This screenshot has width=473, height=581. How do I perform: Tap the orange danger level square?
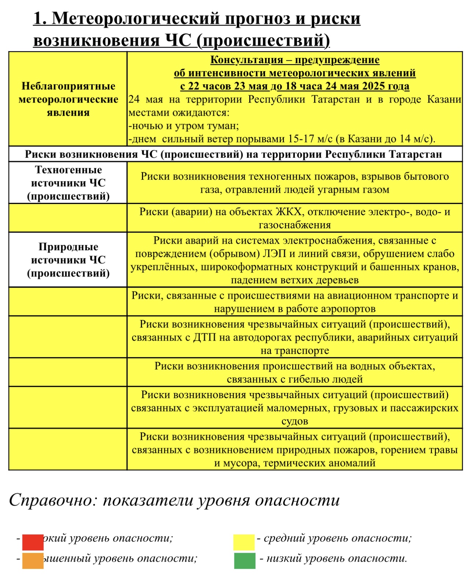(x=33, y=560)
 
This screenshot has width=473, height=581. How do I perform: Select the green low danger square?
(x=245, y=560)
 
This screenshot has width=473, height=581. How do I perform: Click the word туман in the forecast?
(x=224, y=126)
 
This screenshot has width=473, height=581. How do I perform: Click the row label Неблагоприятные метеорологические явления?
(x=68, y=99)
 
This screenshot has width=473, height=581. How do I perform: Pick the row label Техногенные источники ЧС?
(x=68, y=183)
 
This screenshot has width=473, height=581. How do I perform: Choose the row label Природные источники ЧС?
(x=68, y=260)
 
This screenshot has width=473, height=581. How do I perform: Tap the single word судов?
(x=295, y=421)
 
